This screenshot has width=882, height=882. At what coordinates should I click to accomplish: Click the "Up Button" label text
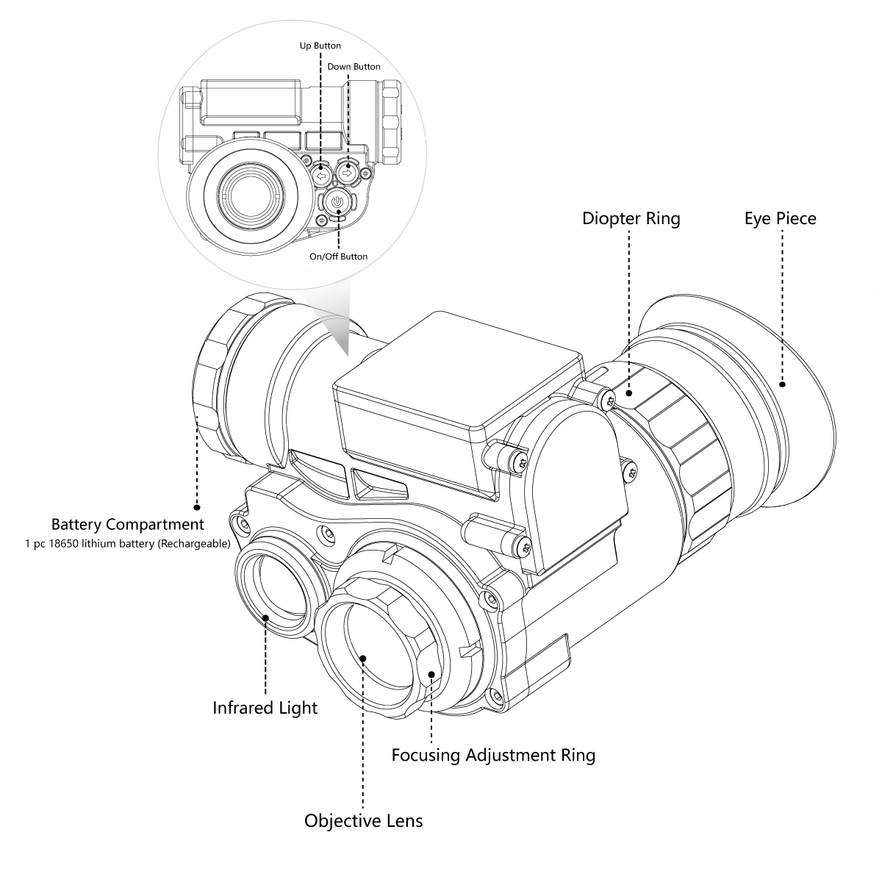coord(320,46)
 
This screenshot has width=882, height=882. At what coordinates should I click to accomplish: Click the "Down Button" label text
coord(354,67)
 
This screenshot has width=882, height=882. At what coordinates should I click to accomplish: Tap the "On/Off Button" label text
coord(338,257)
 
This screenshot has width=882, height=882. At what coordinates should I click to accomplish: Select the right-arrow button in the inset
coord(347,173)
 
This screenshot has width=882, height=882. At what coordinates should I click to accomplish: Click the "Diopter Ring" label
coord(631,218)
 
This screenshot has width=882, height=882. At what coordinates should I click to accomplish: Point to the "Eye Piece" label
coord(780,218)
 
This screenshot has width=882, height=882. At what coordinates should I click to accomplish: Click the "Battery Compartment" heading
coord(127,525)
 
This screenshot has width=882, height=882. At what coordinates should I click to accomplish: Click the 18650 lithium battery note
coord(127,545)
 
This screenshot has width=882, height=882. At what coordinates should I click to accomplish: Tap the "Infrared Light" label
coord(265,708)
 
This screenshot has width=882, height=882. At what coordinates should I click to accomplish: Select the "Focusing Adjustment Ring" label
coord(492,755)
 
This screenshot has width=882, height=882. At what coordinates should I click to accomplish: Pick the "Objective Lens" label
coord(363,820)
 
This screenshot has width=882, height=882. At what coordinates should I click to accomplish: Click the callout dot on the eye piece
coord(782,384)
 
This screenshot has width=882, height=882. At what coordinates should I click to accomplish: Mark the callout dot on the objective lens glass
coord(363,657)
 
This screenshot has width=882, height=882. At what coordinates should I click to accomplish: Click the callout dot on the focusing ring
coord(431,673)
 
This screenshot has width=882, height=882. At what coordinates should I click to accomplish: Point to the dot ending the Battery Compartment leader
coord(196,506)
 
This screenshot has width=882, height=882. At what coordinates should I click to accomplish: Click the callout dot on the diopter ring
coord(630,393)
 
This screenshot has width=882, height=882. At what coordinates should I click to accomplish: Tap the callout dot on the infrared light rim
coord(265,617)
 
